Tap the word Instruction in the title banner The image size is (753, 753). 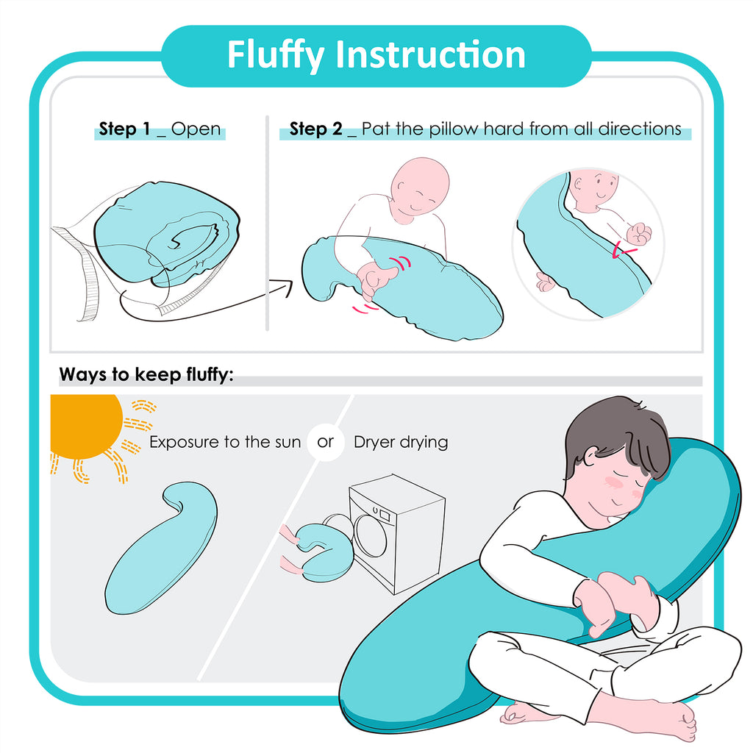(430, 54)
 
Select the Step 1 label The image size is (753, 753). (124, 129)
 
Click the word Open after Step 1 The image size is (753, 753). (196, 129)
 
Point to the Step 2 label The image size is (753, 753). (316, 129)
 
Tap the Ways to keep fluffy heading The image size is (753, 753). (146, 374)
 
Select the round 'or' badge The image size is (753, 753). (326, 442)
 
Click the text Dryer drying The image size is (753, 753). (401, 442)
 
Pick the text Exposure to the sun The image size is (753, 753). (225, 442)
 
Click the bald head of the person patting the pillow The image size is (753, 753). (420, 185)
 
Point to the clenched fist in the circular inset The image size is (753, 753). (639, 234)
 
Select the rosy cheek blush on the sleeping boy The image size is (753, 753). (613, 482)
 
